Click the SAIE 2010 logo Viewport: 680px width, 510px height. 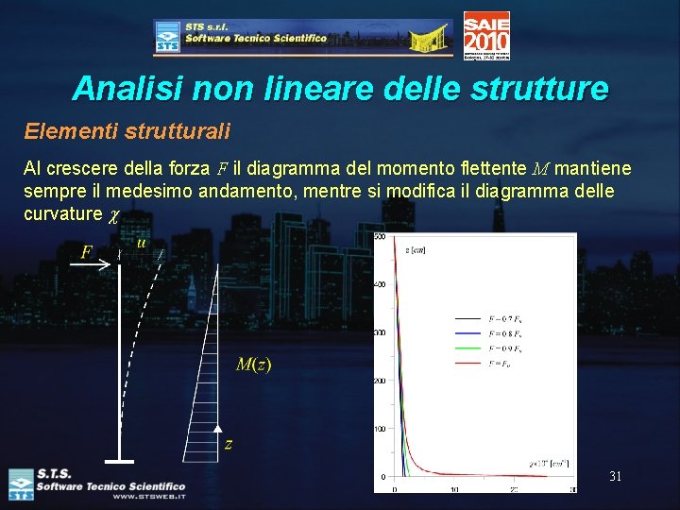[x=486, y=35]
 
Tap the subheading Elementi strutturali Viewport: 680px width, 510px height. [x=127, y=129]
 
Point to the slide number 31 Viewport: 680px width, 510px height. [x=615, y=477]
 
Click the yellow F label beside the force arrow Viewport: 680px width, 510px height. [x=88, y=252]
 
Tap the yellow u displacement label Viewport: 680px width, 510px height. [x=142, y=243]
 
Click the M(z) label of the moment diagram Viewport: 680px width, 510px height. [x=253, y=365]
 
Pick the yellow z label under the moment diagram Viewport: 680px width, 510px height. [x=229, y=444]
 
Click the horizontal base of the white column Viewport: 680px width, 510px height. [x=119, y=461]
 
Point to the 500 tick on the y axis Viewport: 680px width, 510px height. [x=380, y=236]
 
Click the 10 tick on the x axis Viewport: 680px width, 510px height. [x=454, y=489]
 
